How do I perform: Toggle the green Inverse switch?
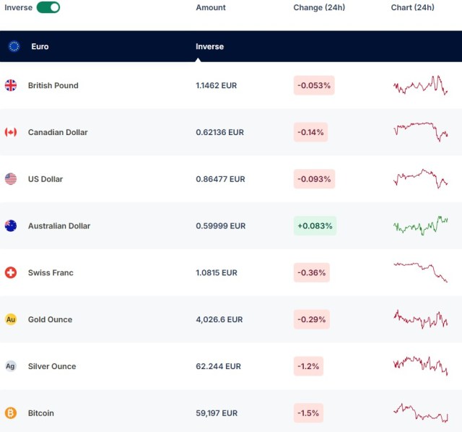tap(48, 7)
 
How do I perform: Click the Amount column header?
tap(211, 7)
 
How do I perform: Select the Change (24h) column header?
tap(319, 7)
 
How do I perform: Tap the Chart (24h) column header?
tap(413, 7)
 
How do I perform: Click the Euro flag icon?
tap(14, 46)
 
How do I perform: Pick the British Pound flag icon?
tap(11, 85)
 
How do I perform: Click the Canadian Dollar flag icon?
tap(11, 132)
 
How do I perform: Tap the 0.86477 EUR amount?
tap(220, 179)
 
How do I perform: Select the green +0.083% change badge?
tap(315, 226)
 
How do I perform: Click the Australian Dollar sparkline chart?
tap(421, 225)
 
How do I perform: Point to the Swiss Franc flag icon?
tap(11, 272)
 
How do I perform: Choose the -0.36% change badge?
tap(312, 273)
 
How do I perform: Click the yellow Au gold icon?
tap(11, 319)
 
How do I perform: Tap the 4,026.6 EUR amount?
tap(221, 319)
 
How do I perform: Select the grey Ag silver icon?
tap(11, 366)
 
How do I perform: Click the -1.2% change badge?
tap(308, 366)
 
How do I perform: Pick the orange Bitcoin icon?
tap(11, 413)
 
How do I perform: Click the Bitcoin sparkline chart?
tap(421, 413)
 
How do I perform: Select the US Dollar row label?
tap(45, 179)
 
